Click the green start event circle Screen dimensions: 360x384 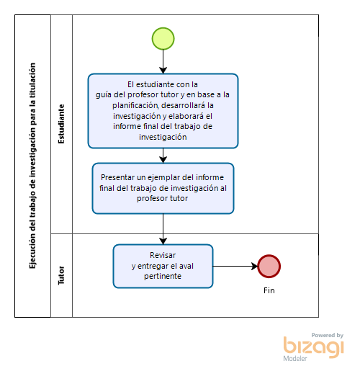tap(163, 39)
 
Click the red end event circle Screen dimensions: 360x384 tap(269, 266)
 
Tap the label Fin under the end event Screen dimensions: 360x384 tap(269, 290)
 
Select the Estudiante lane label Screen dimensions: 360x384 tap(61, 124)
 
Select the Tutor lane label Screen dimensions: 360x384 tap(61, 275)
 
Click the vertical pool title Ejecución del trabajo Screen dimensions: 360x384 tap(32, 166)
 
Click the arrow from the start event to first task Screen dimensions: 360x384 tap(163, 62)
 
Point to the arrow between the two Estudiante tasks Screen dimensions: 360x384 tap(163, 156)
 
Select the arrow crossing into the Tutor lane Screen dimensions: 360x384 tap(163, 229)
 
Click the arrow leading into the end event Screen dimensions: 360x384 tap(235, 266)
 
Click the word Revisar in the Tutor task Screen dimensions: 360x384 tap(163, 255)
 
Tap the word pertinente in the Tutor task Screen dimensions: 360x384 tap(163, 276)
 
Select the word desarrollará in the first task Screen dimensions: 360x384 tap(184, 105)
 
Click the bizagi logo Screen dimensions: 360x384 tap(313, 347)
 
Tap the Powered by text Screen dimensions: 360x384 tap(328, 335)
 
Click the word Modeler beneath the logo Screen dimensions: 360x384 tap(295, 359)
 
